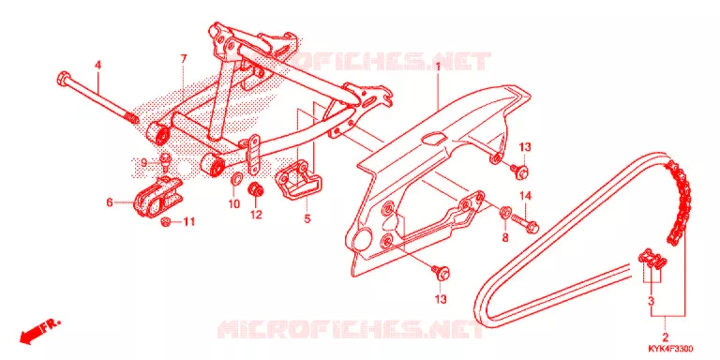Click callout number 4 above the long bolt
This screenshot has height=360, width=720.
tap(97, 66)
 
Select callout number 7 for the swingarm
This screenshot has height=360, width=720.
tap(184, 58)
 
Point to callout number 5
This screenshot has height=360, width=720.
tap(307, 218)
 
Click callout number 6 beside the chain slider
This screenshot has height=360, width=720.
tap(110, 202)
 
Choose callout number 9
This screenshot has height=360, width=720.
tap(143, 162)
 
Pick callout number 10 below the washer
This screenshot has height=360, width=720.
tap(234, 203)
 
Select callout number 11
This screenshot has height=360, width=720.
tap(188, 222)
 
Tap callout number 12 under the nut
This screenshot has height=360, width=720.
tap(256, 214)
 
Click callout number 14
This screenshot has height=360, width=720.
tap(525, 196)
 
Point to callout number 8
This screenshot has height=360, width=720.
tap(505, 237)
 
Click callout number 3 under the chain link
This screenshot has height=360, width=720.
tap(652, 301)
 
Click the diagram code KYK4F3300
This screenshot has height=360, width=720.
tap(671, 349)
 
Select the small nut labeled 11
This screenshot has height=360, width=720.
tap(166, 223)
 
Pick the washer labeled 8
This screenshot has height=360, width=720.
tap(504, 212)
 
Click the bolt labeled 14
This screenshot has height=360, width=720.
tap(525, 222)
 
